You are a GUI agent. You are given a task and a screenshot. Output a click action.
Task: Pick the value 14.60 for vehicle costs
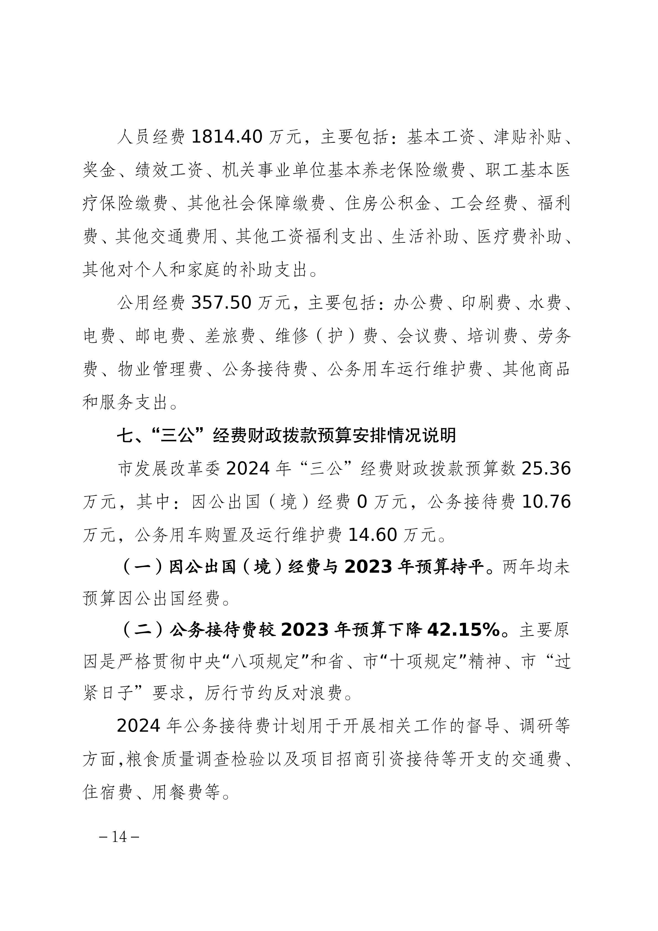(x=372, y=535)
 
